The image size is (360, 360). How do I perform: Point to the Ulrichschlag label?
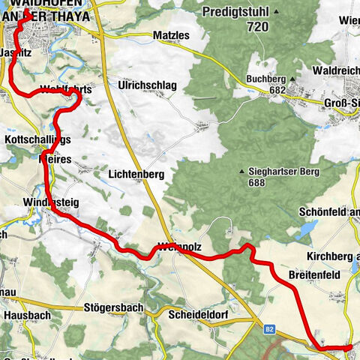(147, 85)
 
